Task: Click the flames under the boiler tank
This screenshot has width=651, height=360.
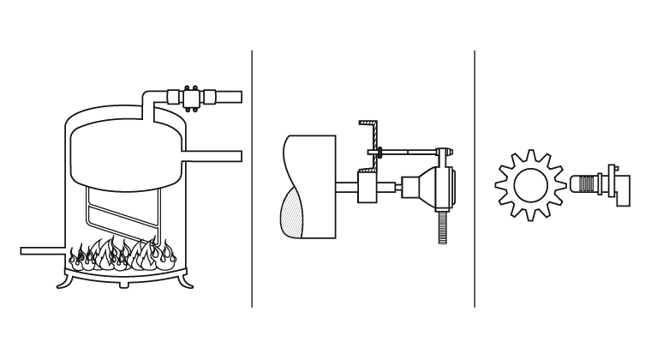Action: pos(124,255)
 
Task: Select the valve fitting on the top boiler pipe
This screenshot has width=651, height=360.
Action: pos(189,97)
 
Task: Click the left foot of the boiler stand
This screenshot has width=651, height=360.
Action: pos(68,279)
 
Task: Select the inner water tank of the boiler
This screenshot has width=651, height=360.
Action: pos(124,154)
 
